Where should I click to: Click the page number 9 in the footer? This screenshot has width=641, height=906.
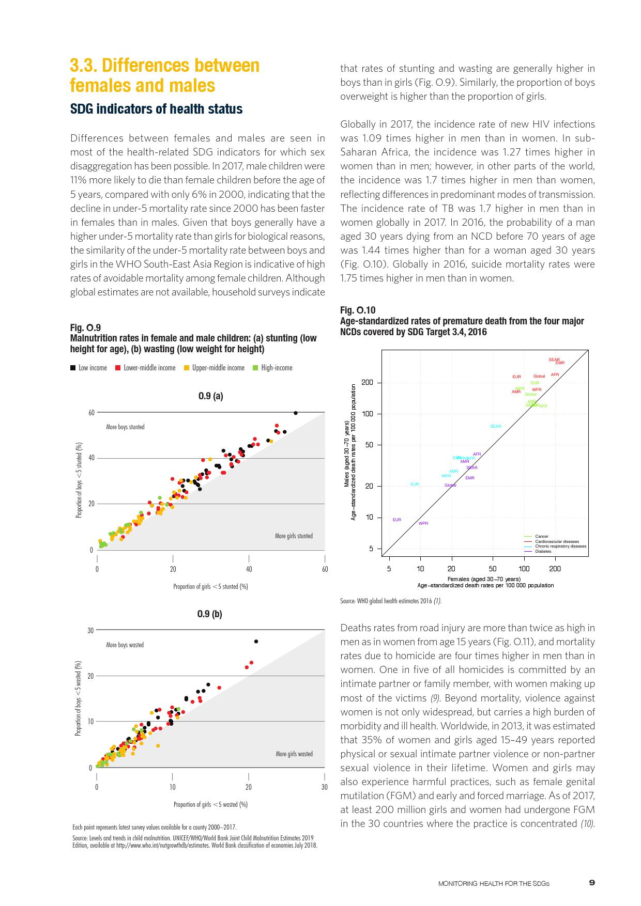click(592, 883)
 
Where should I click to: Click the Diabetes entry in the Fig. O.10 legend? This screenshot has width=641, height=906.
click(543, 551)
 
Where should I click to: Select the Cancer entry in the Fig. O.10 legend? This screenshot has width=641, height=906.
click(542, 536)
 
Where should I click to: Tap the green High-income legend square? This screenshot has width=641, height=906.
click(255, 368)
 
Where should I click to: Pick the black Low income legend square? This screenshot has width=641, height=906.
click(73, 368)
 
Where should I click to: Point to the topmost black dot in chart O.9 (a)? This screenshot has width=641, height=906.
click(295, 413)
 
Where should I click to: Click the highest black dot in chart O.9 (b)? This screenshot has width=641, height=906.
click(256, 641)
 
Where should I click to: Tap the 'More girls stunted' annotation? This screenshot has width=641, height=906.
click(294, 536)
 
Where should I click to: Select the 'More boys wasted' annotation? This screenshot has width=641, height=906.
click(125, 645)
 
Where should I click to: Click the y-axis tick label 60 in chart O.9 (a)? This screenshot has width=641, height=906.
click(91, 413)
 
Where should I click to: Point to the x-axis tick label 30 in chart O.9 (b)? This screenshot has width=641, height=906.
click(324, 787)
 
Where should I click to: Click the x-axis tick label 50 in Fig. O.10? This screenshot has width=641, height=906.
click(493, 569)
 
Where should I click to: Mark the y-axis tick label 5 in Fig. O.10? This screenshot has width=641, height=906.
click(371, 549)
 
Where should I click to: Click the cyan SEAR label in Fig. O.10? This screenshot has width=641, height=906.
click(495, 426)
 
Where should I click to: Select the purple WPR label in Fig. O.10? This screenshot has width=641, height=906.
click(423, 523)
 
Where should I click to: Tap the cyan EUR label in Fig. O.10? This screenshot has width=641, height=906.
click(415, 484)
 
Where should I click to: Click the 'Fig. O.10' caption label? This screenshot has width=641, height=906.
click(358, 310)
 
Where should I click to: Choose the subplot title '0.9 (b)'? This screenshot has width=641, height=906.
click(210, 614)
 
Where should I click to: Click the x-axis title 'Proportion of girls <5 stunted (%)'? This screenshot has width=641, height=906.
click(210, 586)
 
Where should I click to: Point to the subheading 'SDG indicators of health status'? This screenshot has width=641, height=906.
click(156, 109)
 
